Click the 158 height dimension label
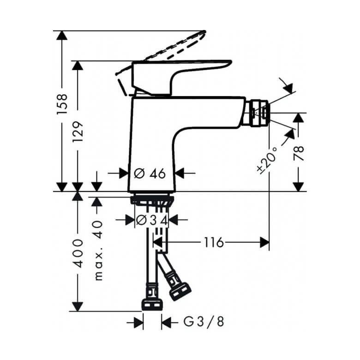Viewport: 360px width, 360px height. pos(62,104)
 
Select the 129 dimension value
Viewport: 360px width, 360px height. pos(78,132)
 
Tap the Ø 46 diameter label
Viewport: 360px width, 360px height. pos(150,174)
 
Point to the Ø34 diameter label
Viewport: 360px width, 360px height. pos(152,221)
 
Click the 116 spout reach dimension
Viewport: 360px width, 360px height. pos(214,242)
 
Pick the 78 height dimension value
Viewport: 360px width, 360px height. pos(299,153)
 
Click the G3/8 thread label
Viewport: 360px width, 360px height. pos(204,322)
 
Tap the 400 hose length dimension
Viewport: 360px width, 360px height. pos(78,253)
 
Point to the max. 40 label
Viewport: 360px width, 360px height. pos(98,251)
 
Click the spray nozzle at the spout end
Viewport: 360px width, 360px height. pos(258,113)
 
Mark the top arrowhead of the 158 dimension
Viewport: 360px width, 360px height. pos(61,36)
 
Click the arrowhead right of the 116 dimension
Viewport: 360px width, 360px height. pos(264,242)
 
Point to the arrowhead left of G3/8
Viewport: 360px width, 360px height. pos(138,323)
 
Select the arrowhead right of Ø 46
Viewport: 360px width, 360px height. pos(180,173)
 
